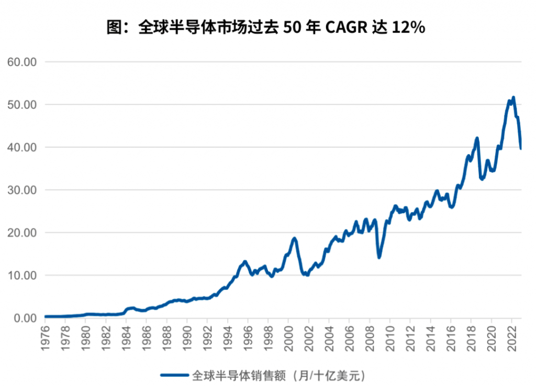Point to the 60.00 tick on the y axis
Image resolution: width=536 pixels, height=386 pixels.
point(22,62)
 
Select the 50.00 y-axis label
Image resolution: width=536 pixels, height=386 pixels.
point(22,104)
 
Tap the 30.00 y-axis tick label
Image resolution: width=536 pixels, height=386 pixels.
point(22,190)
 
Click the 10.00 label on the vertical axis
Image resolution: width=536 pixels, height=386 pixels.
point(22,275)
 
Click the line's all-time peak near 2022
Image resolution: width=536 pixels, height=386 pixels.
point(513,97)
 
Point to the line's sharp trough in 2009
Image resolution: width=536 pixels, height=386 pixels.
point(379,257)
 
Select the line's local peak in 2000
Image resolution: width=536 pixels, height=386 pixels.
point(294,238)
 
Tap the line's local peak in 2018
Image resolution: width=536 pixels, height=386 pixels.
point(477,138)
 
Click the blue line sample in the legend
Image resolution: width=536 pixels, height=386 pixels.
point(174,375)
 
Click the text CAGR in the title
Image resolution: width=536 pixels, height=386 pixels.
point(344,27)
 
